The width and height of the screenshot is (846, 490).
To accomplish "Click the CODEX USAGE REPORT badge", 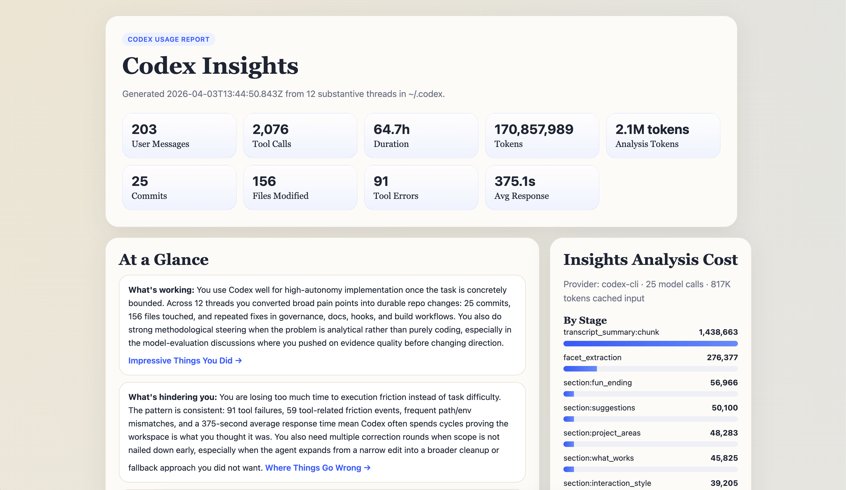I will coord(169,39).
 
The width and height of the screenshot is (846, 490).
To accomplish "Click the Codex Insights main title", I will coord(210,66).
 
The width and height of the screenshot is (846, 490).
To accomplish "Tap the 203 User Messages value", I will coord(144,130).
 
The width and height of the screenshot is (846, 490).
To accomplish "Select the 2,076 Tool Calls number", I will coord(270,130).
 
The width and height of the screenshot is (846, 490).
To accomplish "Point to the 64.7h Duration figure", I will coord(391,130).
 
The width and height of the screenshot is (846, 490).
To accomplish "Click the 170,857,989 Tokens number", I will coord(534,130).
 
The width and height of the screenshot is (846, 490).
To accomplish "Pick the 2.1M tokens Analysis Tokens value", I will coord(652,130).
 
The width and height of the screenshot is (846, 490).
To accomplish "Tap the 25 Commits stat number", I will coord(140,181).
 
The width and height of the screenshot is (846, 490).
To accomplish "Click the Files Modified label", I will coord(280,196).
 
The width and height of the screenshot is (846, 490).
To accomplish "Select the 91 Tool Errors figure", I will coord(381,181).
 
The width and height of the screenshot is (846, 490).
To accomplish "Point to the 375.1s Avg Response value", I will coord(515,181).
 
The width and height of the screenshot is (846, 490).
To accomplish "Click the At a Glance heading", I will coord(163,260).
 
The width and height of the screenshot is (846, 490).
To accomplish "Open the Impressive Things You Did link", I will coord(185,360).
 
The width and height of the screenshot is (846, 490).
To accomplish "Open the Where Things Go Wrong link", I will coord(318,468).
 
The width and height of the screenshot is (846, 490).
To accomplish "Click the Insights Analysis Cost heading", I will coord(650,260).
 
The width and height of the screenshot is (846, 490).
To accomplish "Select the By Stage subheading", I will coord(585,320).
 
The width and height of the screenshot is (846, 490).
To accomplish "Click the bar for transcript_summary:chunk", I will coord(650,343).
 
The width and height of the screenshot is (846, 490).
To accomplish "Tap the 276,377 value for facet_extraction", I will coord(722,357).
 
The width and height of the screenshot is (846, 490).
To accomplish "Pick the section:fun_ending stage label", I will coord(597,383).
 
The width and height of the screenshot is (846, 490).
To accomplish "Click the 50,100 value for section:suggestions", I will coord(724,408).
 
